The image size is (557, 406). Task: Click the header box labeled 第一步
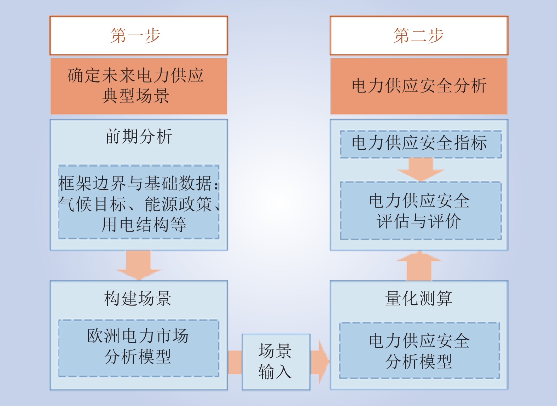pos(139,36)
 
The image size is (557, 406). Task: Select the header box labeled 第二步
pos(419,36)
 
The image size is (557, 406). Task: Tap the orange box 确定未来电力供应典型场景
pos(139,86)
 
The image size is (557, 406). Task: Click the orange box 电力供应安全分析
pos(419,86)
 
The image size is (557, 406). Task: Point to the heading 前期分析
pos(139,136)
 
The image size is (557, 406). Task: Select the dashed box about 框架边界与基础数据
pos(139,202)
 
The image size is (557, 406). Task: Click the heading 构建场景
pos(138,298)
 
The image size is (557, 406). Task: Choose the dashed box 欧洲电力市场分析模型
pos(139,348)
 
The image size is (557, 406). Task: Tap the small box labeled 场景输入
pos(276,362)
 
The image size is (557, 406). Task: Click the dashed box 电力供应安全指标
pos(421,144)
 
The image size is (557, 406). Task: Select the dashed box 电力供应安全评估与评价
pos(421,211)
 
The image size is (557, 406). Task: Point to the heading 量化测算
pos(419,298)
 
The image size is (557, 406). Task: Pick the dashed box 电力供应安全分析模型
pos(419,351)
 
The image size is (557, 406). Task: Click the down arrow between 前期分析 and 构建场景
pos(139,265)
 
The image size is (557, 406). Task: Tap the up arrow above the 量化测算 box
pos(419,266)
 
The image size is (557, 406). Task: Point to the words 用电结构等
pos(144,224)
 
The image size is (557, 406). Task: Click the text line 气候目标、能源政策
pos(139,204)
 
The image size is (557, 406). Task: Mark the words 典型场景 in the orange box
pos(136,96)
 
